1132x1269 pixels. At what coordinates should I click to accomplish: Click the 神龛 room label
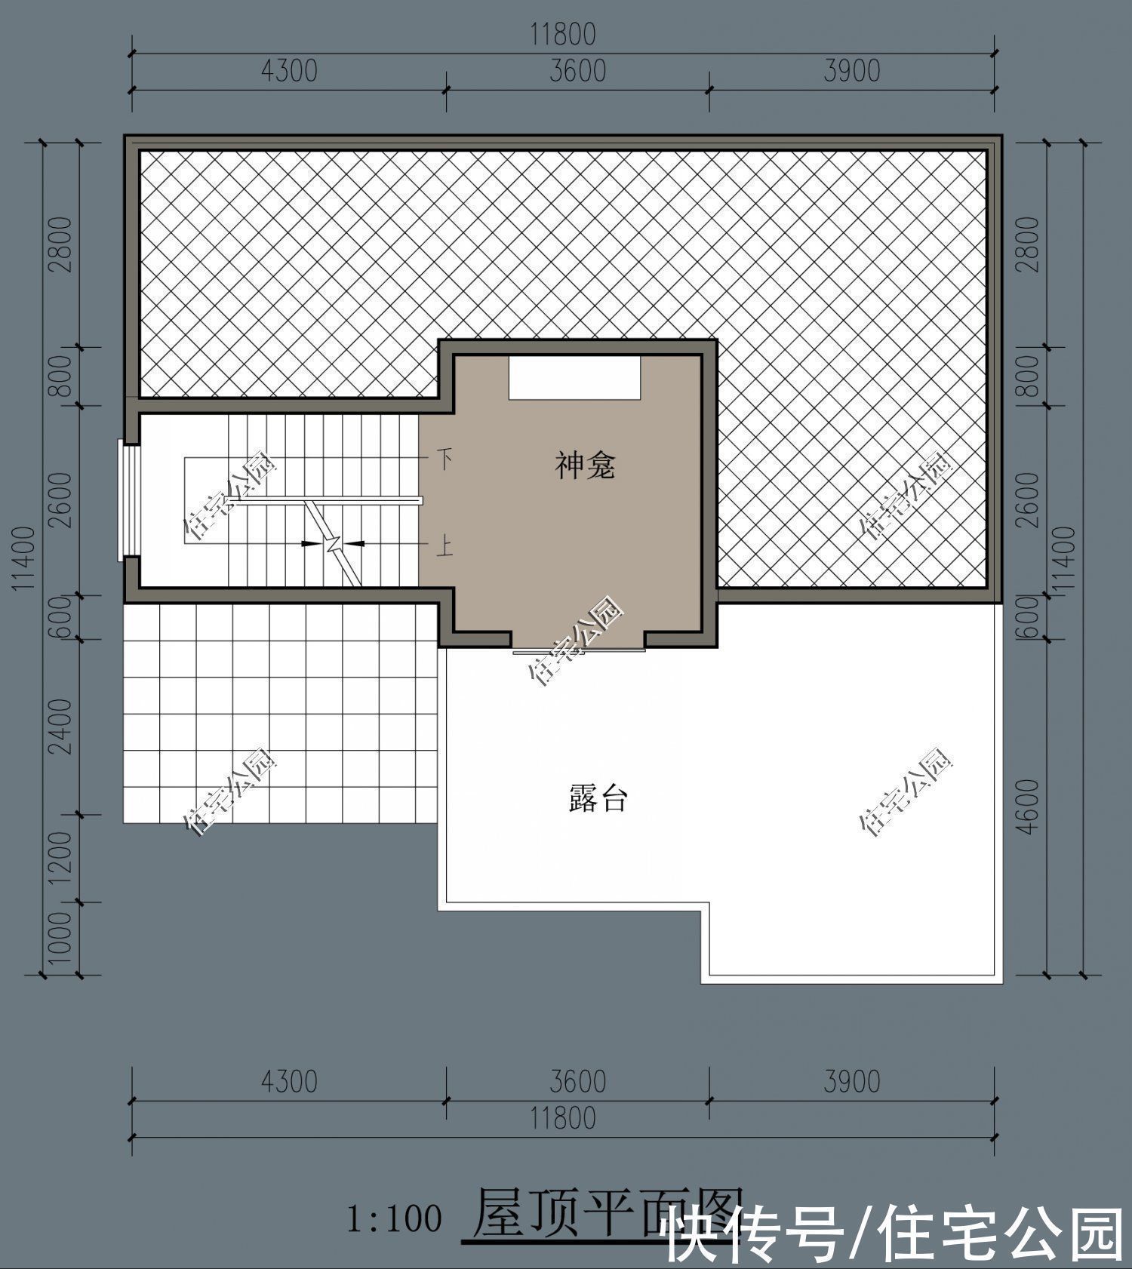(x=585, y=466)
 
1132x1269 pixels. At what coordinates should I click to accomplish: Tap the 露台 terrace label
(x=597, y=798)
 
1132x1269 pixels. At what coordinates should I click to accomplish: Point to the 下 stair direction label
(x=446, y=458)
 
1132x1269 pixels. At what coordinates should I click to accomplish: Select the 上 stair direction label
(x=446, y=545)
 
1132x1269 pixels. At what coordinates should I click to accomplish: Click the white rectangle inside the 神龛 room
(x=574, y=377)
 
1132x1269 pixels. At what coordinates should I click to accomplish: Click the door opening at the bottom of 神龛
(x=579, y=647)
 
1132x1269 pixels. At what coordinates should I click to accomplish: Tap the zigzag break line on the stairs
(x=334, y=543)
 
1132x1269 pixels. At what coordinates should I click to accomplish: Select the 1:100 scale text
(x=394, y=1219)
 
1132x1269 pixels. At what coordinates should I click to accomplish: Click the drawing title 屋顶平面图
(x=604, y=1213)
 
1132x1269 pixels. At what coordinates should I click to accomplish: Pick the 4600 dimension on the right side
(x=1028, y=807)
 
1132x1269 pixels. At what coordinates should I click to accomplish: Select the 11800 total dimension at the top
(x=563, y=35)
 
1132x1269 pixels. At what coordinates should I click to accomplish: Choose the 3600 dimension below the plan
(x=577, y=1081)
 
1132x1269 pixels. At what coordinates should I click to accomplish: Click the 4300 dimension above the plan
(x=289, y=71)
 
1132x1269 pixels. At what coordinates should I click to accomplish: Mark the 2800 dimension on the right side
(x=1028, y=244)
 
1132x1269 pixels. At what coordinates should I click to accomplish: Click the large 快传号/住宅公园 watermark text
(x=894, y=1236)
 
